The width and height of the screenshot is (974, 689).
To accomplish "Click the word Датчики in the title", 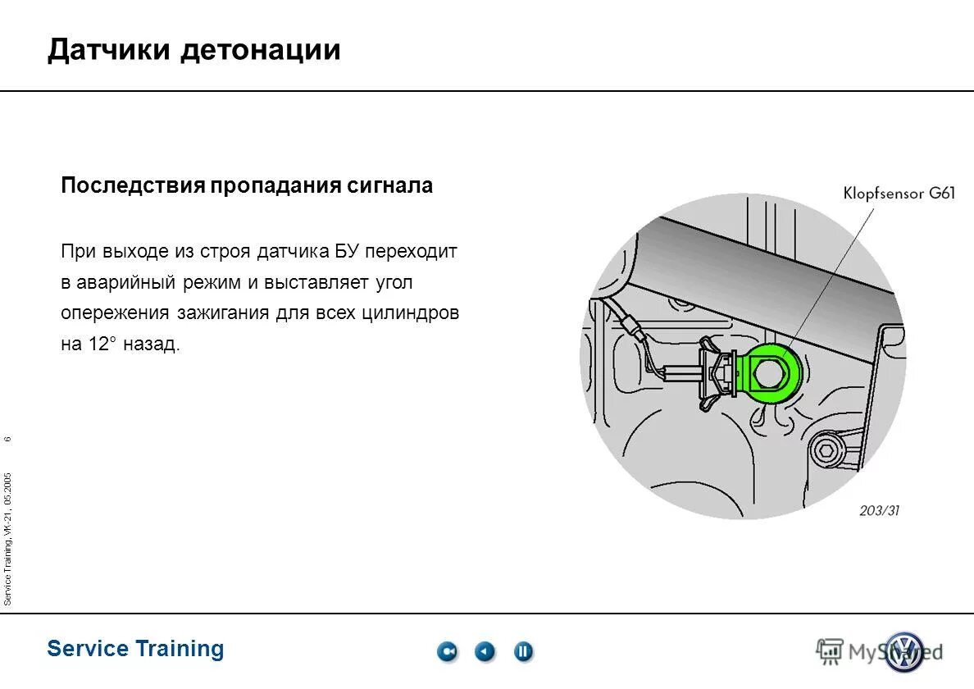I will tap(110, 51).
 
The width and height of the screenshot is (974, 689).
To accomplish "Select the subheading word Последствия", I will tap(132, 186).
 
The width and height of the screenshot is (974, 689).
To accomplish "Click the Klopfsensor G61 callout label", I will tap(899, 194).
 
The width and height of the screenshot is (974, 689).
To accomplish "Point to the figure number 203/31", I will tap(879, 510).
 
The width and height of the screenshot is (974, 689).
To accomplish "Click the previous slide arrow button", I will tap(485, 652).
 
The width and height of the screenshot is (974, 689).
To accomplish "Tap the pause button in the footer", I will tap(523, 652).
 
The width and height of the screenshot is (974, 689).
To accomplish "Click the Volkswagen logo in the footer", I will tap(903, 652).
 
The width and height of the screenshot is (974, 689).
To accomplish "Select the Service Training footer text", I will tap(135, 649).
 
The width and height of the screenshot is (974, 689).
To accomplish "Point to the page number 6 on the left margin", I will tap(7, 440).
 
